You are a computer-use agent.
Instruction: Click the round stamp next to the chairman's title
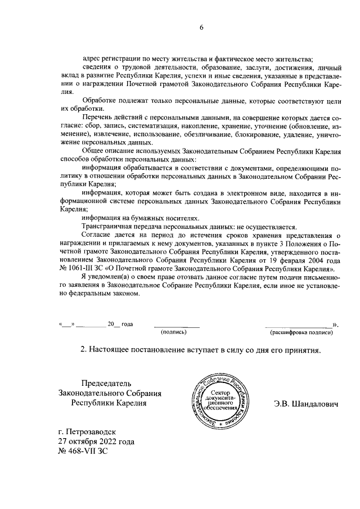220,400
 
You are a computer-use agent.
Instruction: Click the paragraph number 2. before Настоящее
84,350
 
